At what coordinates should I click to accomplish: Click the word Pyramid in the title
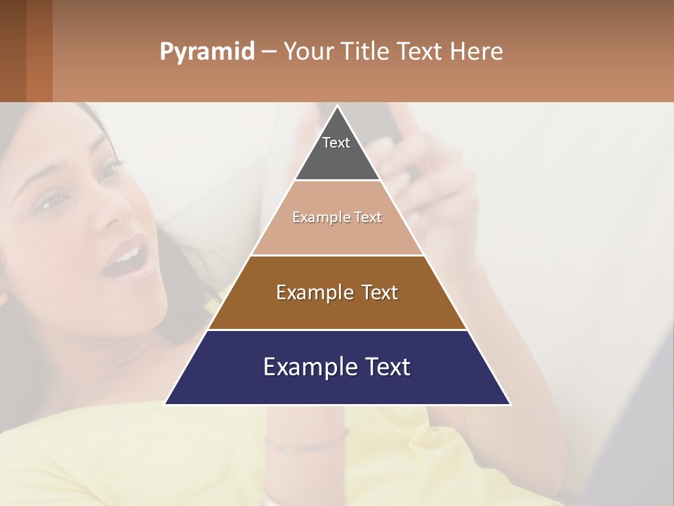pyautogui.click(x=207, y=52)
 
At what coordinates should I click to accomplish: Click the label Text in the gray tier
pyautogui.click(x=336, y=143)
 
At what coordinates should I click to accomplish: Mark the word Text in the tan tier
pyautogui.click(x=368, y=217)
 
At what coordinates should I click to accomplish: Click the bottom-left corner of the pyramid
pyautogui.click(x=166, y=404)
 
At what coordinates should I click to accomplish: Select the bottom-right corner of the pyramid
pyautogui.click(x=510, y=404)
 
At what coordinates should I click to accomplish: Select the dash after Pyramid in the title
pyautogui.click(x=268, y=52)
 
